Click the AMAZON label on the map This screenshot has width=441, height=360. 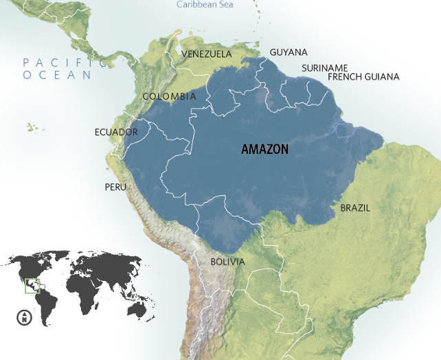coord(264,149)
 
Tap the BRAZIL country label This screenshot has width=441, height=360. coord(355,207)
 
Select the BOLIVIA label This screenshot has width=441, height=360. coord(227,262)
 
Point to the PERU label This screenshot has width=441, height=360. coord(115,187)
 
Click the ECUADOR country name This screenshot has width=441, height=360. coord(116,132)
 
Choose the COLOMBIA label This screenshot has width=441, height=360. coord(169,97)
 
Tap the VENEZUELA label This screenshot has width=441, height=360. coord(207,54)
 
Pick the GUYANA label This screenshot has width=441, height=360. coord(289,52)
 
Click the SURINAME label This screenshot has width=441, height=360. coord(325,67)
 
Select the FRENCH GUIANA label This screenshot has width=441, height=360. coord(363,77)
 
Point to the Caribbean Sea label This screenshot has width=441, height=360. coord(204,4)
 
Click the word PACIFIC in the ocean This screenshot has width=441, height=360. coord(65,63)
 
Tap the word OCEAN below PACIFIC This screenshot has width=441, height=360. coord(57,75)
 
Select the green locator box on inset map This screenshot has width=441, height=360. coord(32,285)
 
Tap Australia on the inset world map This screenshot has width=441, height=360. coord(139,310)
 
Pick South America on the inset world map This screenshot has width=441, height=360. coord(45,306)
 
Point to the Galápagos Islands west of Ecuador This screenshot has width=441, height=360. coord(32,127)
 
